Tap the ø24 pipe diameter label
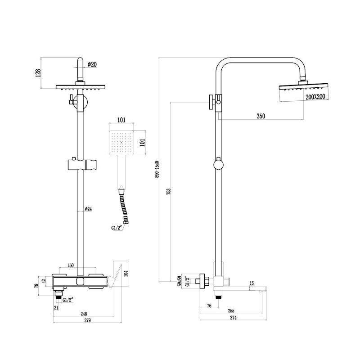[89, 209]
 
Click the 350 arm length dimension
[261, 116]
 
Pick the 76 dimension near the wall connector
[209, 306]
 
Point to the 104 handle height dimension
[132, 273]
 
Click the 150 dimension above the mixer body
[70, 266]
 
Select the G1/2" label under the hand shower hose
[117, 228]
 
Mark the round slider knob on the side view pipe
[218, 164]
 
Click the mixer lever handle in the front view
[116, 272]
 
